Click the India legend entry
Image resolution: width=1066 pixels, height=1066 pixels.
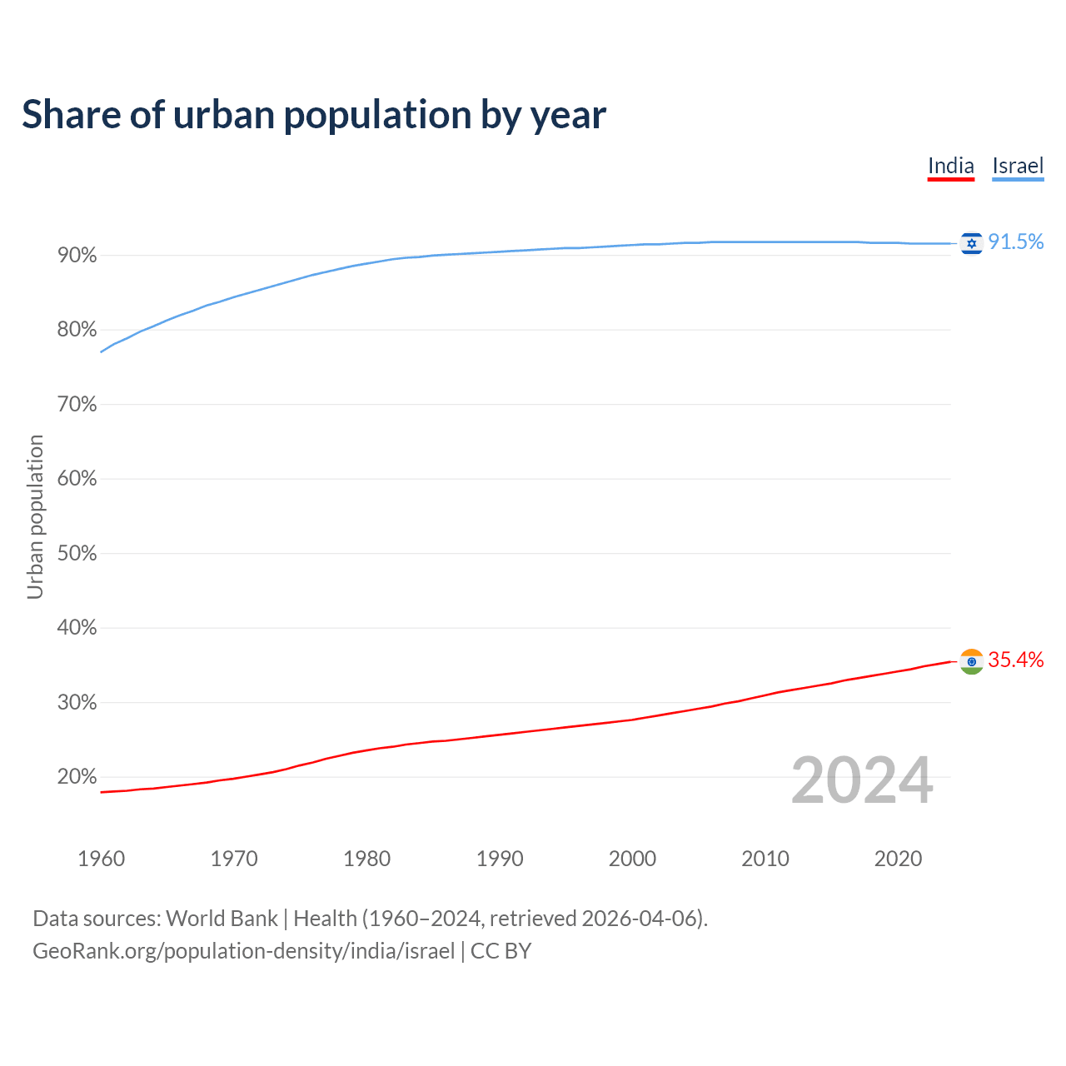tap(950, 166)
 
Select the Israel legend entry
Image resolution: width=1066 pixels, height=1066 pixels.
tap(1018, 166)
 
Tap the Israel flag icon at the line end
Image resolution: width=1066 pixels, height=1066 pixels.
tap(971, 242)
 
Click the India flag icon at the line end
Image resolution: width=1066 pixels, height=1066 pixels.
tap(971, 661)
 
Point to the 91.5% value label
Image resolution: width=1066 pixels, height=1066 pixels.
tap(1016, 242)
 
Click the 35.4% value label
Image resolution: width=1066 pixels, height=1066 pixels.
tap(1016, 660)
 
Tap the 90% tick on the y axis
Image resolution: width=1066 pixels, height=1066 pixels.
tap(77, 256)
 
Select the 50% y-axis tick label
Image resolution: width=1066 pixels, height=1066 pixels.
tap(77, 554)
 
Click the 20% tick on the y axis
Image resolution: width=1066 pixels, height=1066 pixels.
tap(77, 777)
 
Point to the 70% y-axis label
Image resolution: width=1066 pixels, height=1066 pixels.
tap(77, 405)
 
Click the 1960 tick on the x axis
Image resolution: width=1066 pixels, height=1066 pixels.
tap(101, 859)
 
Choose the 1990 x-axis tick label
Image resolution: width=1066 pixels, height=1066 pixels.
tap(500, 859)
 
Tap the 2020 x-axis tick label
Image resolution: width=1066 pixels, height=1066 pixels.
tap(898, 859)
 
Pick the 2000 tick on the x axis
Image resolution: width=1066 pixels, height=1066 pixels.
tap(632, 859)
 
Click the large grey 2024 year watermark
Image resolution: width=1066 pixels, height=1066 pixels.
tap(862, 780)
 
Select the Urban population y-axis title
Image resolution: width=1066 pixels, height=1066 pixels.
tap(35, 516)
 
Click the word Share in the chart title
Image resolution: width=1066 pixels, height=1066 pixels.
tap(70, 115)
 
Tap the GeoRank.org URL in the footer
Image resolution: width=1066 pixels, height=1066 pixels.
tap(243, 951)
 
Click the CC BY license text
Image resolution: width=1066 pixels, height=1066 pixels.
tap(501, 951)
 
